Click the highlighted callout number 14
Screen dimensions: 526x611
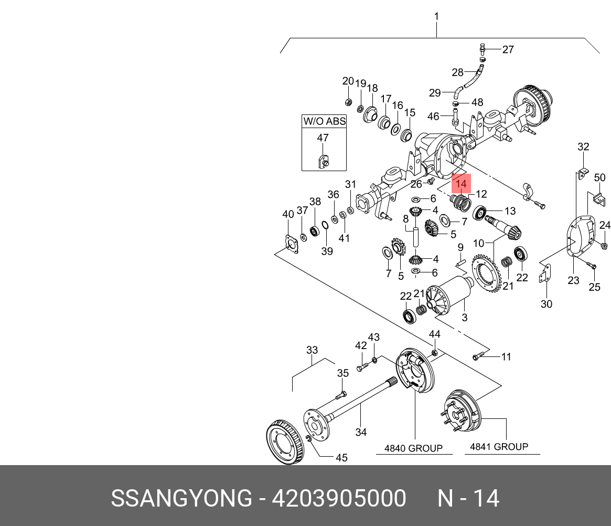(x=461, y=184)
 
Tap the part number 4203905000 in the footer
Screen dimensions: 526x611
(x=338, y=498)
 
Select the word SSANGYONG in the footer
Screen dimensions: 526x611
(x=181, y=498)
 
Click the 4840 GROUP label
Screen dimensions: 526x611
(x=413, y=448)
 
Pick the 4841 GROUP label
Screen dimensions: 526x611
(x=499, y=447)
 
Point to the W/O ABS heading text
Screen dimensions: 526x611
(x=324, y=121)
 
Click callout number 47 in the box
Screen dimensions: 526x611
(x=323, y=138)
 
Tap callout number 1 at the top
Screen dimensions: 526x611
(x=436, y=17)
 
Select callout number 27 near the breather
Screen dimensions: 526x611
(x=508, y=50)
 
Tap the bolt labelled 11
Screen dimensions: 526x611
(x=477, y=357)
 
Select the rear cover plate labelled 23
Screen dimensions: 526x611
(x=580, y=239)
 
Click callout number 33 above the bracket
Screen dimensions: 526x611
(x=312, y=350)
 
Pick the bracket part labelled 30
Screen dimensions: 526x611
(x=545, y=276)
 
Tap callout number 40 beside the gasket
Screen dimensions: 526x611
(x=288, y=214)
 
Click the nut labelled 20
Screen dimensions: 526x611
(x=348, y=102)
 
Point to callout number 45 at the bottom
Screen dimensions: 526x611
(x=341, y=458)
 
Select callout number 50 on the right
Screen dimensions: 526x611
(x=599, y=178)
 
